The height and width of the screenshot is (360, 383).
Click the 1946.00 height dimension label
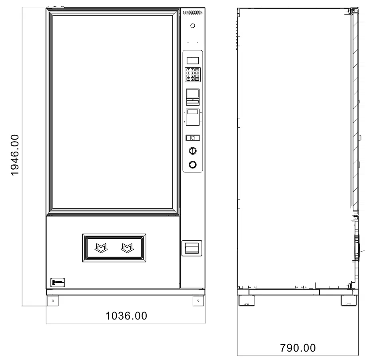(14, 155)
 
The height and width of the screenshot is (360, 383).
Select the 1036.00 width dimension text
(126, 316)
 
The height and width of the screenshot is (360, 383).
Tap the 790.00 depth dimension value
(297, 348)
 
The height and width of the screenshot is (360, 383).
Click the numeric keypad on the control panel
(192, 74)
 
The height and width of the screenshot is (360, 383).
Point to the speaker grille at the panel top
(192, 13)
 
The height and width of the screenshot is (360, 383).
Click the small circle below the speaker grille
(192, 26)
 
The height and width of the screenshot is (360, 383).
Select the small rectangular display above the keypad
(192, 60)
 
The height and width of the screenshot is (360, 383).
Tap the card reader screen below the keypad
(192, 94)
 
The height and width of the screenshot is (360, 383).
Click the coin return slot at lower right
(192, 248)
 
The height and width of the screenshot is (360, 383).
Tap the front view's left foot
(53, 300)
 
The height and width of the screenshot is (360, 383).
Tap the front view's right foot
(198, 300)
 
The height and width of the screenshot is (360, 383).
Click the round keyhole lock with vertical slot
(192, 151)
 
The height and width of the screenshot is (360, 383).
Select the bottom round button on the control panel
(192, 164)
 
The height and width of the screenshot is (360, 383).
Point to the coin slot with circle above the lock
(192, 138)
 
